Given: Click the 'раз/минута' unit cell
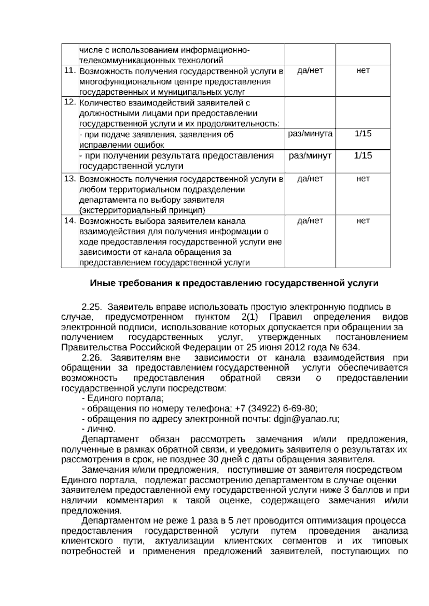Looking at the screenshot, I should point(310,134).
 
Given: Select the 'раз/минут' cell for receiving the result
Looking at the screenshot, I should point(310,156).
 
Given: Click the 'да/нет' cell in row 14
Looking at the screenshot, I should point(310,221).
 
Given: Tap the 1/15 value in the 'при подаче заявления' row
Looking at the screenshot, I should point(363,134).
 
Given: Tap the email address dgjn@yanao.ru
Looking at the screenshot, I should point(306,419).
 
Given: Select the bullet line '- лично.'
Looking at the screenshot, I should point(99,429).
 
